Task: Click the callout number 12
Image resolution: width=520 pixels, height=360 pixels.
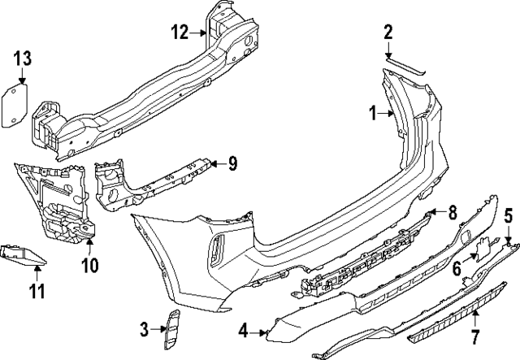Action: [x=180, y=33]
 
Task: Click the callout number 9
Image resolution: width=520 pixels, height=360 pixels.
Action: [x=232, y=164]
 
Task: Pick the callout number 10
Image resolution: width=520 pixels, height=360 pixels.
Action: [x=89, y=265]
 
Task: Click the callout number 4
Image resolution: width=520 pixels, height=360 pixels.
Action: [x=243, y=331]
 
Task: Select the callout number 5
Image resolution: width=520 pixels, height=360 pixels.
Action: [x=509, y=216]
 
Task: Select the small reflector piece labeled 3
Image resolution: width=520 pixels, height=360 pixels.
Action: [x=171, y=330]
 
